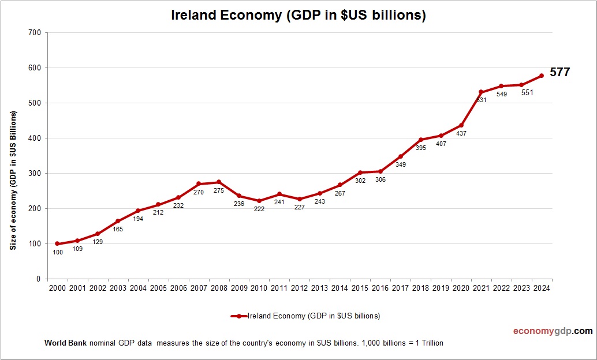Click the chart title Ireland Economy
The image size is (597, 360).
click(x=298, y=15)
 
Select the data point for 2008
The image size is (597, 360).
click(x=218, y=182)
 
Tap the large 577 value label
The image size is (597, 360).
click(x=559, y=72)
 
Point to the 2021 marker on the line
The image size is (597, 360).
click(x=481, y=92)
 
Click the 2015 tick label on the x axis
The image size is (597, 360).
click(x=360, y=288)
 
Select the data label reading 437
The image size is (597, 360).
click(x=461, y=133)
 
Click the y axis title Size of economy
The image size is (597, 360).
click(x=13, y=179)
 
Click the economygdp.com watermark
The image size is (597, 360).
click(x=553, y=331)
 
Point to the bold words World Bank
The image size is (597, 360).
click(x=65, y=343)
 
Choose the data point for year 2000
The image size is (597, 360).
click(x=57, y=243)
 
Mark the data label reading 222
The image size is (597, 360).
click(x=259, y=209)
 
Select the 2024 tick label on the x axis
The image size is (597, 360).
click(x=542, y=288)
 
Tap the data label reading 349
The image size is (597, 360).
click(x=400, y=164)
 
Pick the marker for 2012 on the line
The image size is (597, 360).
click(x=299, y=199)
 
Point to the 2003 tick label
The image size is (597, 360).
click(x=117, y=288)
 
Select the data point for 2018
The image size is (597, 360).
click(x=420, y=140)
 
